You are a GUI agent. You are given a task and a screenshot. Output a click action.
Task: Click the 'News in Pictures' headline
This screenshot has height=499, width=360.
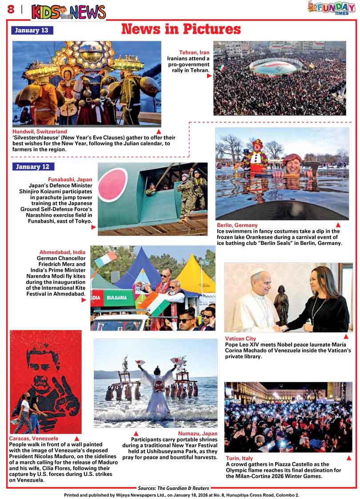[x=181, y=29]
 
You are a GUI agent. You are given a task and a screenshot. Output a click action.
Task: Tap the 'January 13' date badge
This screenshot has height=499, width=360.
[x=32, y=31]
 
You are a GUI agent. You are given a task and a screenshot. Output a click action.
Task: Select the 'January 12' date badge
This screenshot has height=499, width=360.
[x=33, y=167]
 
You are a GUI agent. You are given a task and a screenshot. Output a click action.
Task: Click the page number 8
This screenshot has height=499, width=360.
[x=10, y=9]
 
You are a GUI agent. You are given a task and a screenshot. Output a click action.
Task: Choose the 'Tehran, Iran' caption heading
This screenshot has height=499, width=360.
[x=194, y=52]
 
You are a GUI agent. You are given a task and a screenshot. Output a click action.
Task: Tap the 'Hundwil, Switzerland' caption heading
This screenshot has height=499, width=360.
[x=40, y=132]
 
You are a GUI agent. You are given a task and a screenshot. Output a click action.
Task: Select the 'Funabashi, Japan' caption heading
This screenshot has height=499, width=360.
[x=70, y=180]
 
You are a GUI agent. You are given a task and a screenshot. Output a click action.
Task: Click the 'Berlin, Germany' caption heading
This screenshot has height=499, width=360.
[x=237, y=225]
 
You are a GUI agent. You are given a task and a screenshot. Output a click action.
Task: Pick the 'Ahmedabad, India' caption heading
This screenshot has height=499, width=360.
[x=62, y=252]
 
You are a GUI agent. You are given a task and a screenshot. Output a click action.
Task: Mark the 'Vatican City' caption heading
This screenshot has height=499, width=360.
[x=240, y=339]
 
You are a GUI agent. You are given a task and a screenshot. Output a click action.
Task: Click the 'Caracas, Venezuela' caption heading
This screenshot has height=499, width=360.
[x=34, y=439]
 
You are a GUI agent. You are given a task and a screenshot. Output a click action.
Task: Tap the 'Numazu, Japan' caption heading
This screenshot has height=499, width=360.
[x=198, y=434]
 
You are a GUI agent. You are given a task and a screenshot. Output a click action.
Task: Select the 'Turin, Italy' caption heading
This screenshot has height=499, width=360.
[x=239, y=458]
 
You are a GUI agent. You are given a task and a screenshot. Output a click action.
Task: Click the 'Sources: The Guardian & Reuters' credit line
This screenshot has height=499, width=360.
[x=173, y=488]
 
